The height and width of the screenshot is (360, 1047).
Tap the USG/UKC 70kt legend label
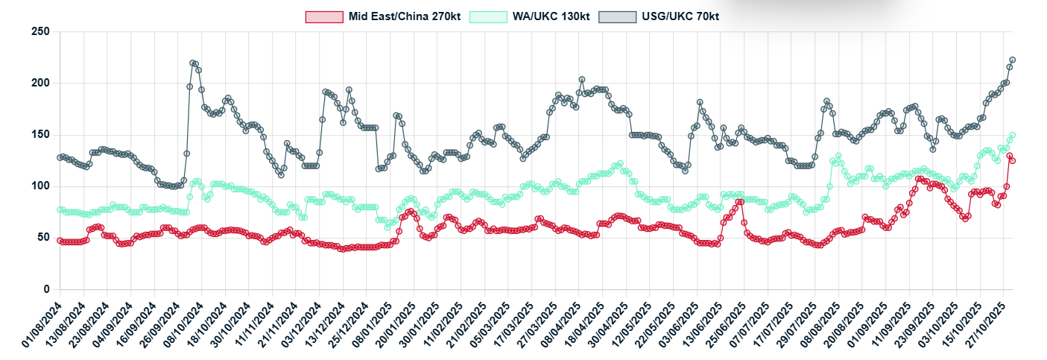680,16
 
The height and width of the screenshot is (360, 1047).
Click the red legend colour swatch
325,16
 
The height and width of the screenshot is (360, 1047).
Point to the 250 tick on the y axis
40,32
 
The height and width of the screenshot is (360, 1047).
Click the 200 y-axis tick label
40,83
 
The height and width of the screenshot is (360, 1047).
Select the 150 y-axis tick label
40,135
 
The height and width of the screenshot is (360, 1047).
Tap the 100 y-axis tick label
40,186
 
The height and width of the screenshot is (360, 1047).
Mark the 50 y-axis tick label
43,238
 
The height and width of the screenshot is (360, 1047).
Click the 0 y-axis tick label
46,289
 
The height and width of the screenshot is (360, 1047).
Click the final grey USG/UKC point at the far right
1013,60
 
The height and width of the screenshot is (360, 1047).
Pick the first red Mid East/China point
60,241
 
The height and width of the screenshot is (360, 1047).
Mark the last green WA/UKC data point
1013,136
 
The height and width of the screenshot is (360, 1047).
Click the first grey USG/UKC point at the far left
60,157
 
